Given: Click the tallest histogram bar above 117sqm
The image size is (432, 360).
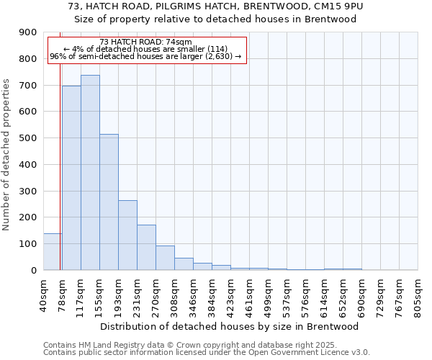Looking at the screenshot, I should click(x=90, y=173).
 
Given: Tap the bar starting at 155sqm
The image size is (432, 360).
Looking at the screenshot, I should click(x=109, y=202).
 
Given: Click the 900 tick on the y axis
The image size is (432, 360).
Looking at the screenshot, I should click(x=27, y=32).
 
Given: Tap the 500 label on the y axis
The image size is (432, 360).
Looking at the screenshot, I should click(x=27, y=138).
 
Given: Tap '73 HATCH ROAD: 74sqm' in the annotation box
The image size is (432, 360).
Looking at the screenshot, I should click(x=146, y=42).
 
